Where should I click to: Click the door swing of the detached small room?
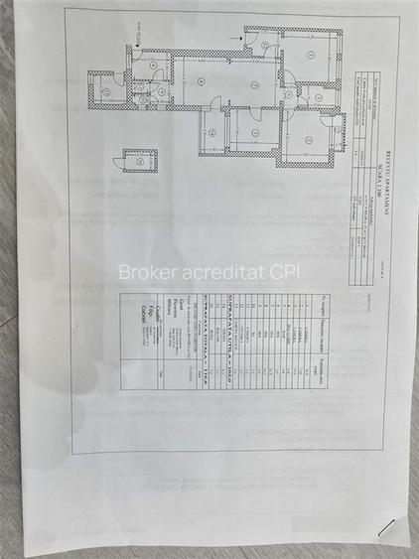click(119, 157)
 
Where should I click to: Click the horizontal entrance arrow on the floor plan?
click(234, 38)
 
